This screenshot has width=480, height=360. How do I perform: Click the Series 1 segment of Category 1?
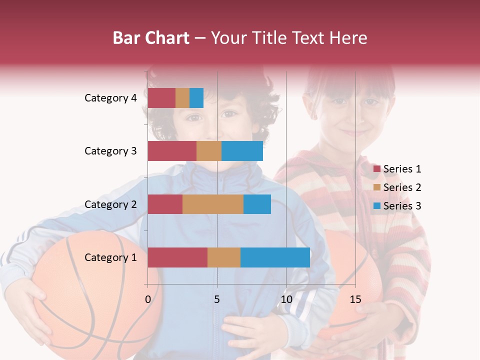[x=177, y=257]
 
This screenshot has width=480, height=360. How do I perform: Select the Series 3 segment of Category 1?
[x=275, y=257]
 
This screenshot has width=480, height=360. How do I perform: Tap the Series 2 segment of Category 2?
[x=213, y=204]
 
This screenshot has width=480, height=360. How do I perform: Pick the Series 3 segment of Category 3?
[x=242, y=151]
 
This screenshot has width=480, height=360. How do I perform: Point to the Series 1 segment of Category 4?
[x=161, y=98]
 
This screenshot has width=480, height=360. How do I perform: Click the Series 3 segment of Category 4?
[x=196, y=98]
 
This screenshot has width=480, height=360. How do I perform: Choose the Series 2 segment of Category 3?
[x=209, y=151]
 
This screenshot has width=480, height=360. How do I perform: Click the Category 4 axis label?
[x=110, y=98]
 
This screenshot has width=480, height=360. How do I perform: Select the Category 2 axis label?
[x=110, y=204]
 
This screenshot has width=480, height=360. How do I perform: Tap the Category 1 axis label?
[x=110, y=257]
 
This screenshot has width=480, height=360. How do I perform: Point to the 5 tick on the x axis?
[x=217, y=299]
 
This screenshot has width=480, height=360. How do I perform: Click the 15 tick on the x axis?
[x=355, y=299]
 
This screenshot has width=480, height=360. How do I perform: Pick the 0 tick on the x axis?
[x=147, y=299]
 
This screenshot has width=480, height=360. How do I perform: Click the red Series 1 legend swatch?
[x=377, y=169]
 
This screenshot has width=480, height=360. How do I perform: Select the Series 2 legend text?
[x=402, y=187]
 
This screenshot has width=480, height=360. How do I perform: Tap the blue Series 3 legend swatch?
[x=377, y=206]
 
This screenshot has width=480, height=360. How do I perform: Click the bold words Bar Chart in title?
[x=151, y=37]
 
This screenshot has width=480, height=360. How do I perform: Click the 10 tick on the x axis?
[x=286, y=299]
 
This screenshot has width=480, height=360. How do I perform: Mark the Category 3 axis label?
[x=110, y=151]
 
